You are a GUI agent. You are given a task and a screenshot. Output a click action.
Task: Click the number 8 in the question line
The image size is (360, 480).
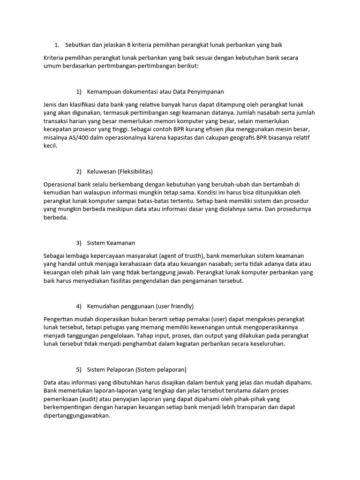pyautogui.click(x=129, y=45)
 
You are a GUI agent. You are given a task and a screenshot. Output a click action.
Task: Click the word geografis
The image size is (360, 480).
pyautogui.click(x=248, y=137)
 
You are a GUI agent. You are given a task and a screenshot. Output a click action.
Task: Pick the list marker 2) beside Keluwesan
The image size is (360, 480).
pyautogui.click(x=78, y=171)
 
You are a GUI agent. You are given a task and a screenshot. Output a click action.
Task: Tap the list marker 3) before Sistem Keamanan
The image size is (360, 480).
pyautogui.click(x=78, y=243)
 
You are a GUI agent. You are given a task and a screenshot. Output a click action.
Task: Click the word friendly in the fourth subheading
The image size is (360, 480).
pyautogui.click(x=180, y=306)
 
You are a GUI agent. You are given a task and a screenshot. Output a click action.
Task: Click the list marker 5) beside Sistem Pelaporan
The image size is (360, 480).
pyautogui.click(x=78, y=369)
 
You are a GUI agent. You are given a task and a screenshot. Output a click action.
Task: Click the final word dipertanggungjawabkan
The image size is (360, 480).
pyautogui.click(x=76, y=416)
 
